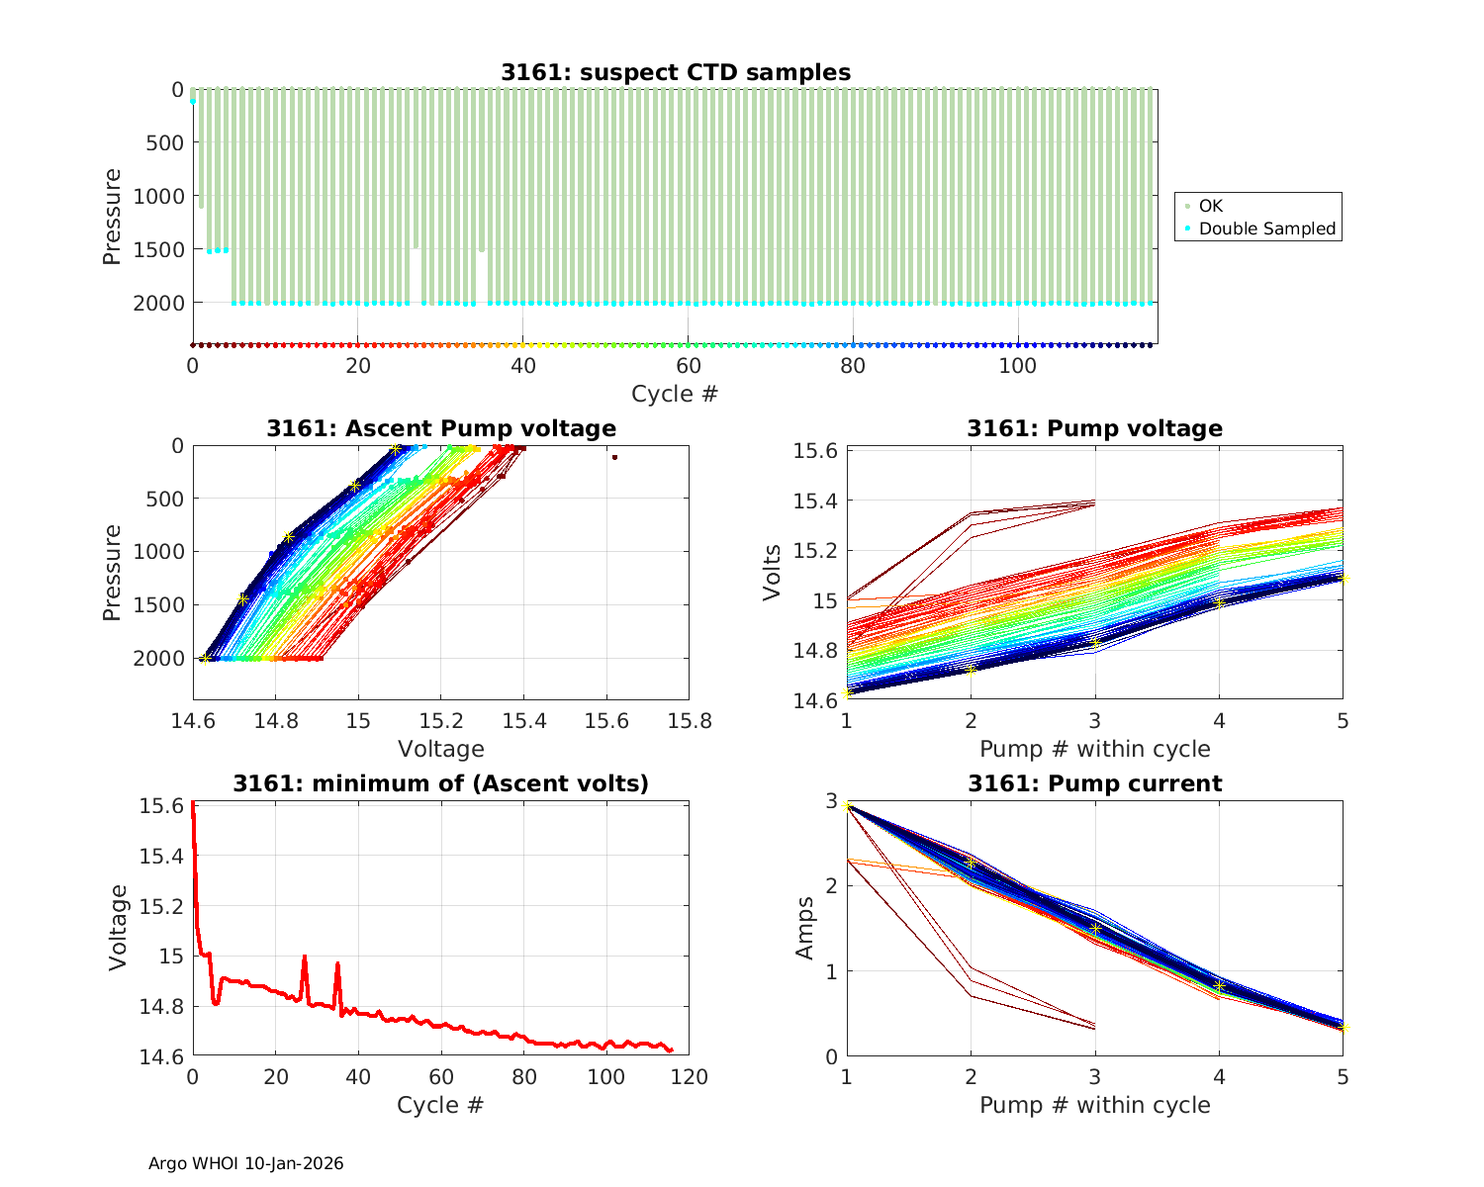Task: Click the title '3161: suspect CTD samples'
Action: coord(676,72)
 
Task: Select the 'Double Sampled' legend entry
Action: coord(1266,228)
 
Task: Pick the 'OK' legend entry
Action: coord(1211,206)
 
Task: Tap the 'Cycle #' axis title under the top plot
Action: coord(675,394)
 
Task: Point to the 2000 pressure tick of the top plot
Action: coord(157,303)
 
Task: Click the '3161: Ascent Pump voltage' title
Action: coord(441,428)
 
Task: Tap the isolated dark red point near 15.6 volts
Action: coord(614,457)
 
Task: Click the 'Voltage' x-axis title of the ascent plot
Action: coord(441,749)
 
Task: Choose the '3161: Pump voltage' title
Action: coord(1095,428)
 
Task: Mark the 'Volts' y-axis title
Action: coord(773,574)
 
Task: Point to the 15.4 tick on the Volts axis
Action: coord(817,501)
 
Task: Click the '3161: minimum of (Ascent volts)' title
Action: coord(441,784)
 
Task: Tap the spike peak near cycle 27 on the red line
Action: coord(305,957)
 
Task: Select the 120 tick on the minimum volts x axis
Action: coord(689,1077)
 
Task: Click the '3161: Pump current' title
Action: coord(1095,784)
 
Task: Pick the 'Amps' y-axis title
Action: coord(806,928)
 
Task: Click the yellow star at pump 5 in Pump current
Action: coord(1343,1029)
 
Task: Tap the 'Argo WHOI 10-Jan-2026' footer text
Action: coord(246,1164)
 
